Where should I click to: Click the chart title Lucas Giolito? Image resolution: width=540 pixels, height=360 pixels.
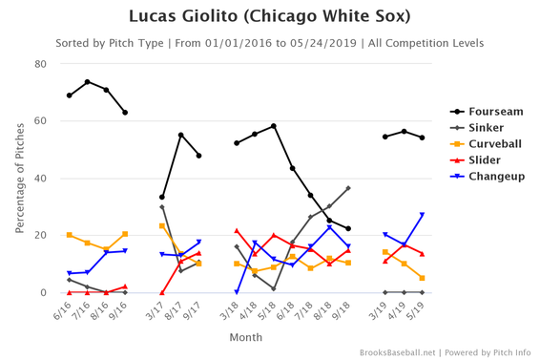[270, 17]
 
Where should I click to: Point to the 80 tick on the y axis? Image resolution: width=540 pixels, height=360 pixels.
[41, 64]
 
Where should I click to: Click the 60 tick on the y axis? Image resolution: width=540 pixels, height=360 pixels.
[41, 121]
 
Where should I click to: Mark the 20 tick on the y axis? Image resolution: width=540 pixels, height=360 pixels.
[41, 236]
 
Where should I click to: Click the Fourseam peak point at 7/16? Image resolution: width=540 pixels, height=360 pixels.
[88, 82]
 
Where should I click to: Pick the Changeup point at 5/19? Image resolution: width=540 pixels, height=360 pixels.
[422, 215]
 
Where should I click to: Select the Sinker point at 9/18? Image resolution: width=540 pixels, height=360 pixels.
[348, 188]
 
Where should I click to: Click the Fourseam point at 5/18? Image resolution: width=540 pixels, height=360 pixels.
[274, 126]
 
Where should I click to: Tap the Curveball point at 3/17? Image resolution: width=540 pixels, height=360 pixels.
[162, 226]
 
